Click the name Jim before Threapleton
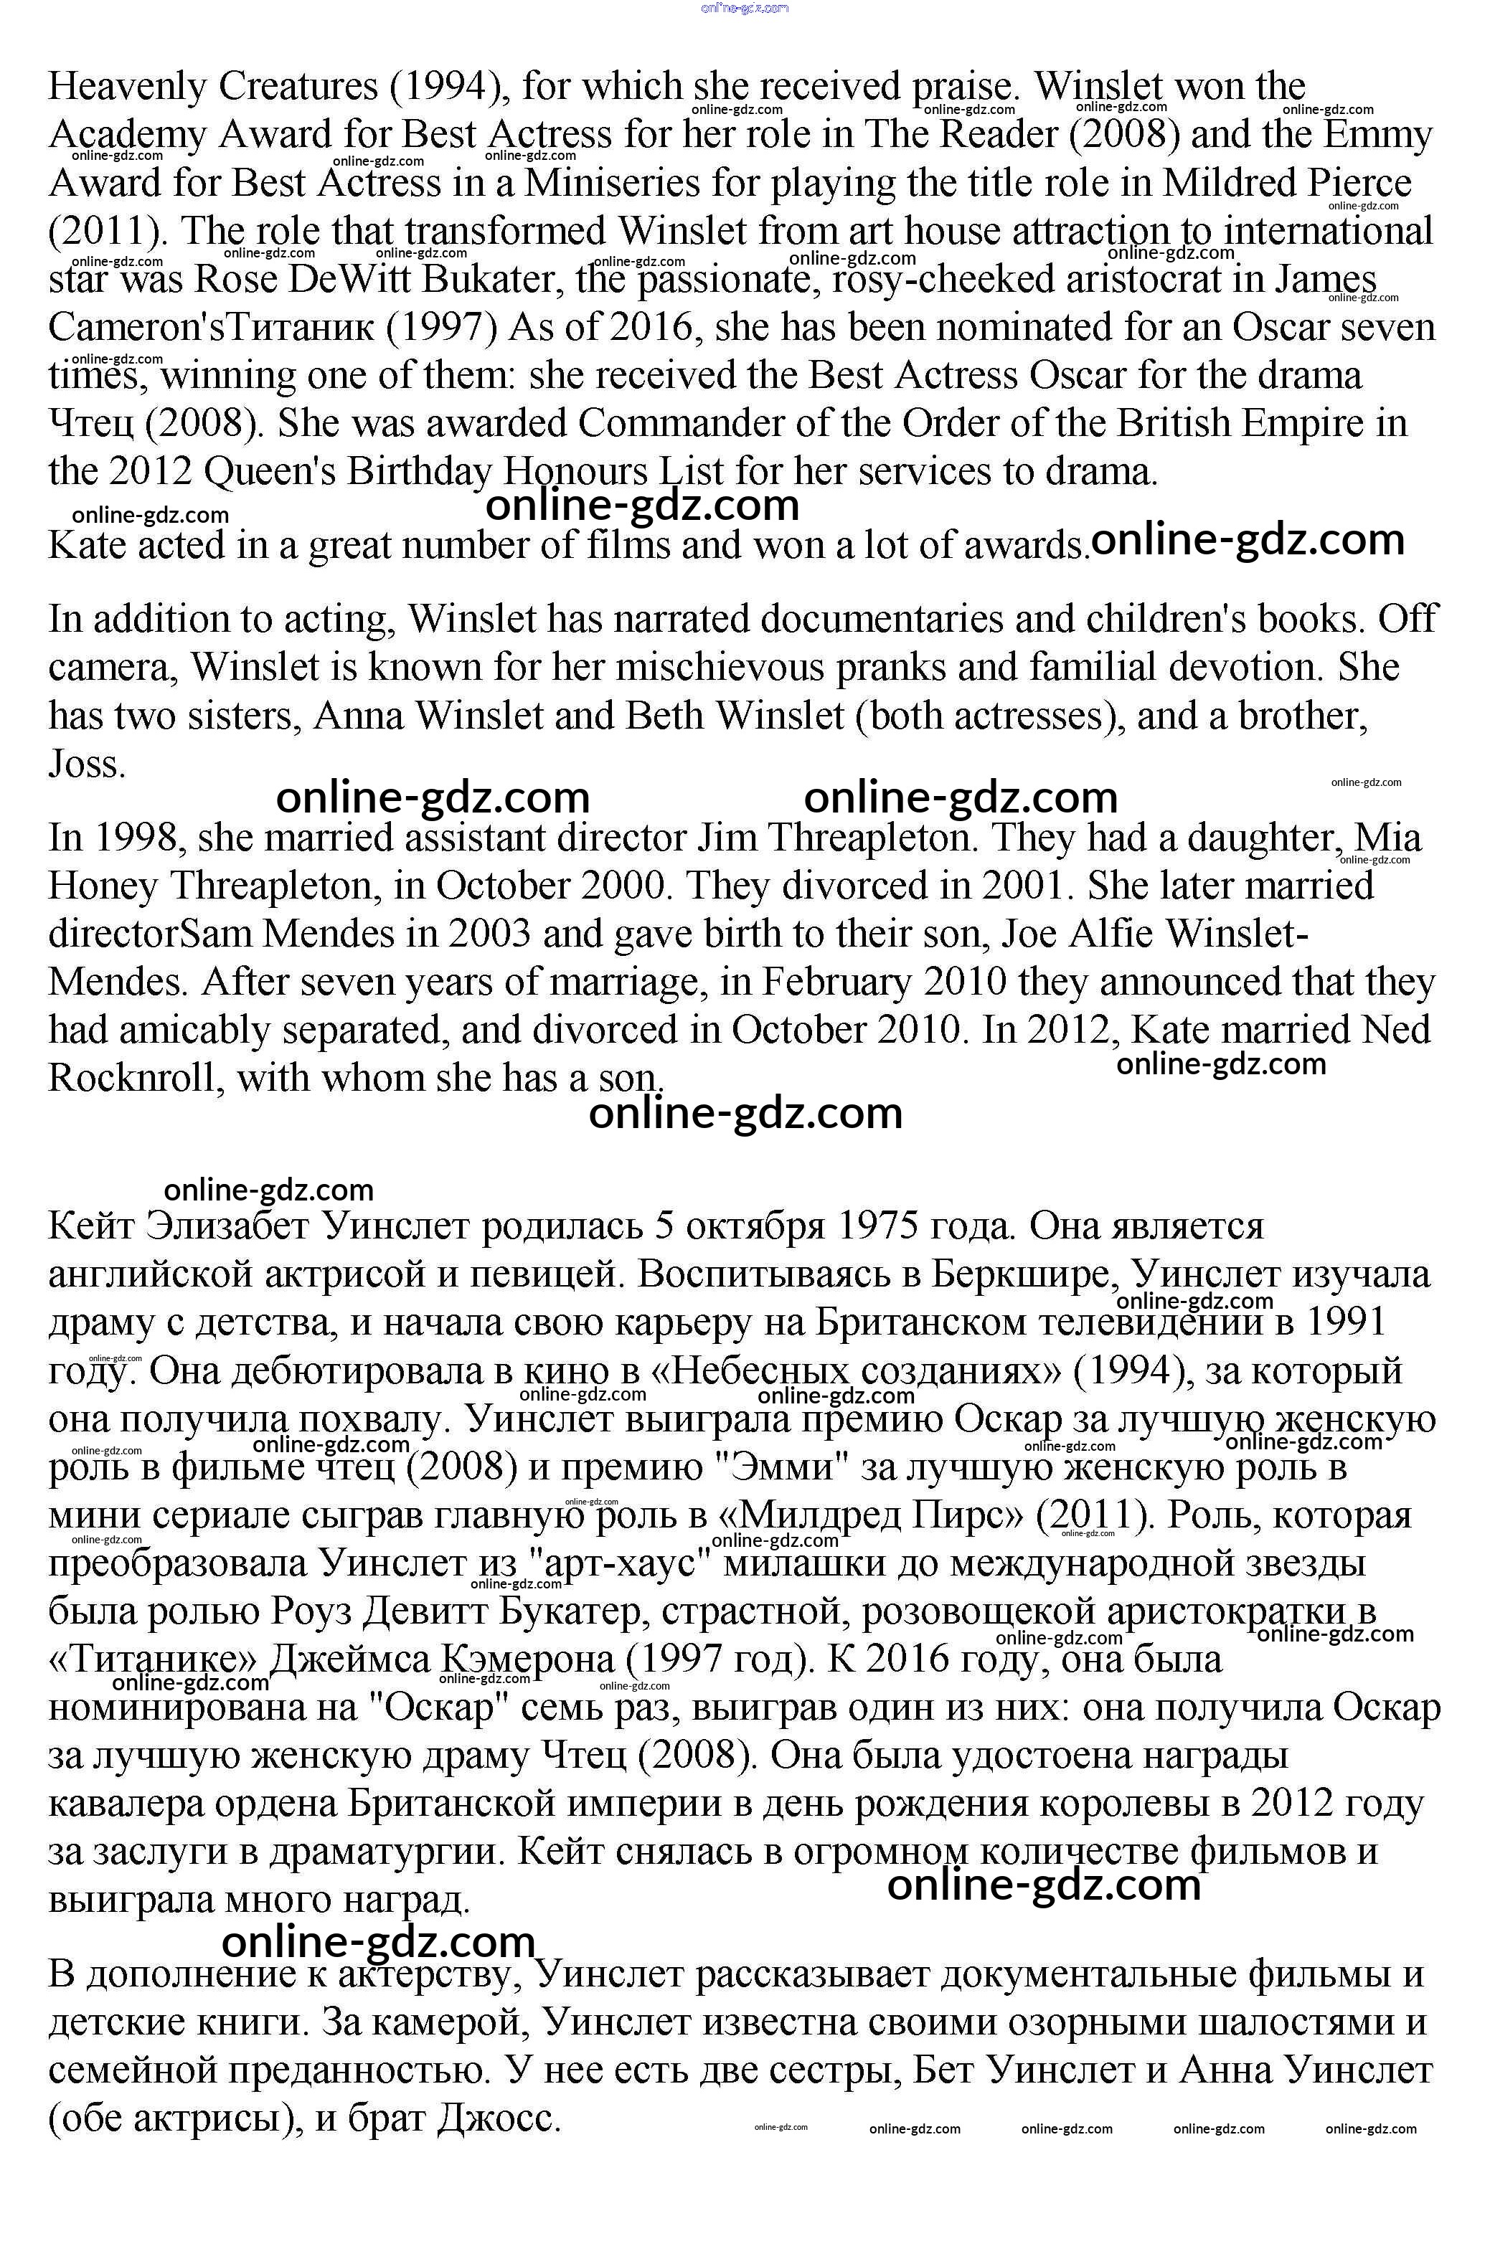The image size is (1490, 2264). (x=726, y=838)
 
